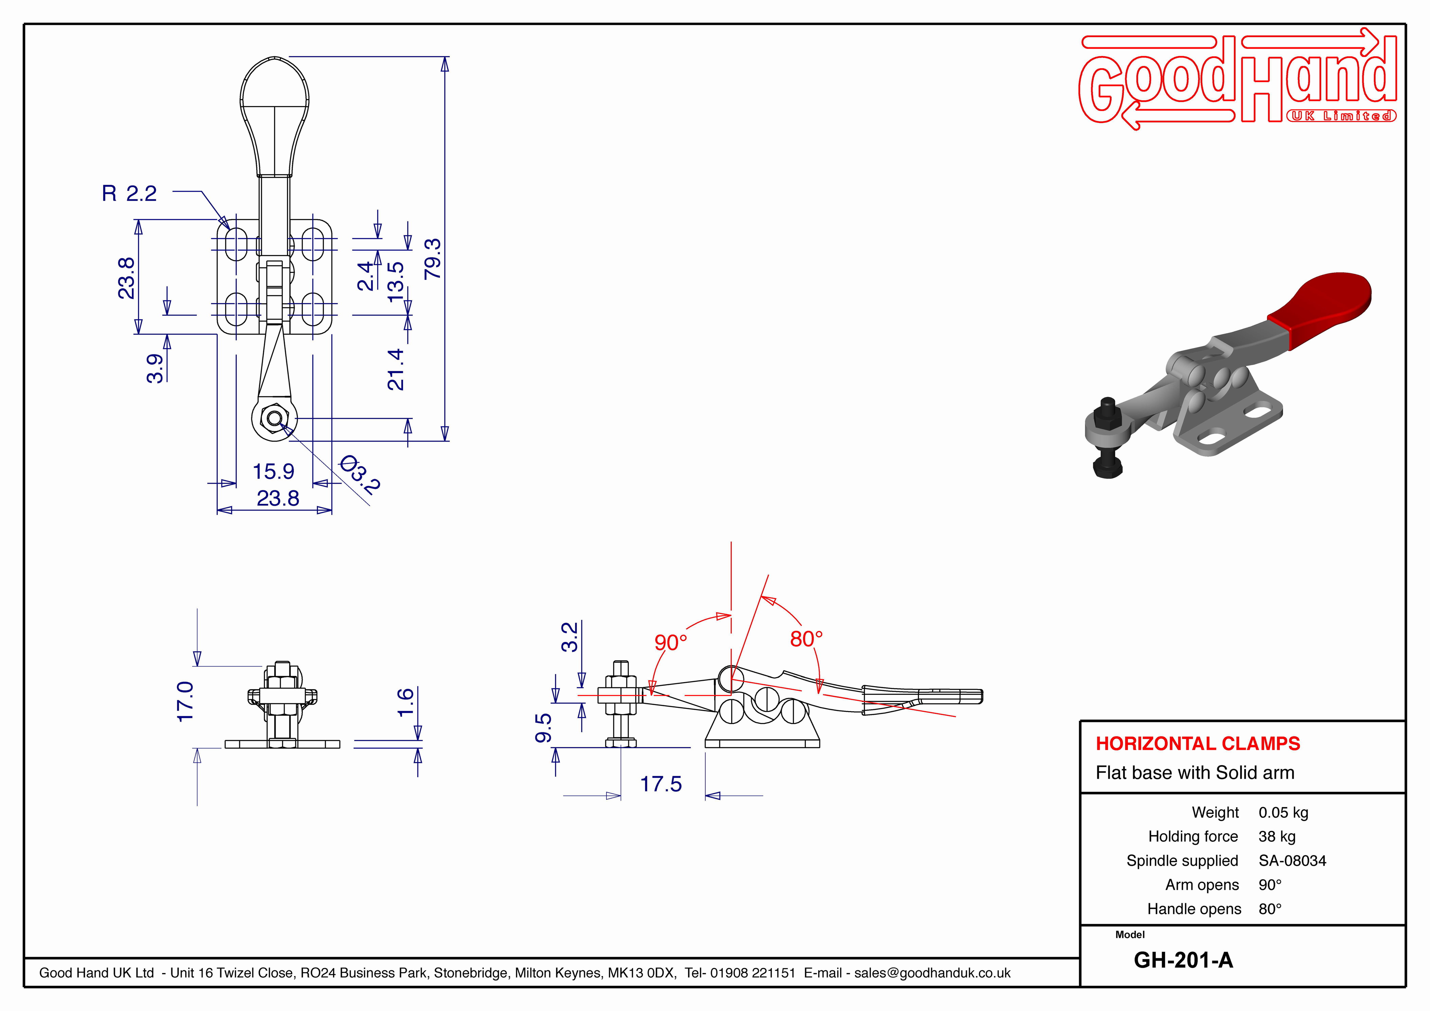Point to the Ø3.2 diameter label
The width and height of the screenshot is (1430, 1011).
pos(359,475)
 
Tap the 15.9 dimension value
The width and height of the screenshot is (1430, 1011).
pos(273,472)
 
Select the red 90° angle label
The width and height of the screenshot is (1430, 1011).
pos(671,642)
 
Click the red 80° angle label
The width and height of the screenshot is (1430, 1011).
pos(807,638)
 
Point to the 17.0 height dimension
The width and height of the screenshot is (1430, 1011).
pos(186,702)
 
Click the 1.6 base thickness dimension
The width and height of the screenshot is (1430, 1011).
pos(405,703)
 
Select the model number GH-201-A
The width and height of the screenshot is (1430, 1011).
pos(1183,960)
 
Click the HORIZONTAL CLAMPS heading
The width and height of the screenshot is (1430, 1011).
pos(1198,743)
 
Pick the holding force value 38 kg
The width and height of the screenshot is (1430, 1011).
pos(1277,837)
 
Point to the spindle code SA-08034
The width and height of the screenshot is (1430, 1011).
pos(1292,861)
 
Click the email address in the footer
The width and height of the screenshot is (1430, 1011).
pos(932,973)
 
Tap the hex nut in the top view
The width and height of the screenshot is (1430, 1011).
pos(273,418)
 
